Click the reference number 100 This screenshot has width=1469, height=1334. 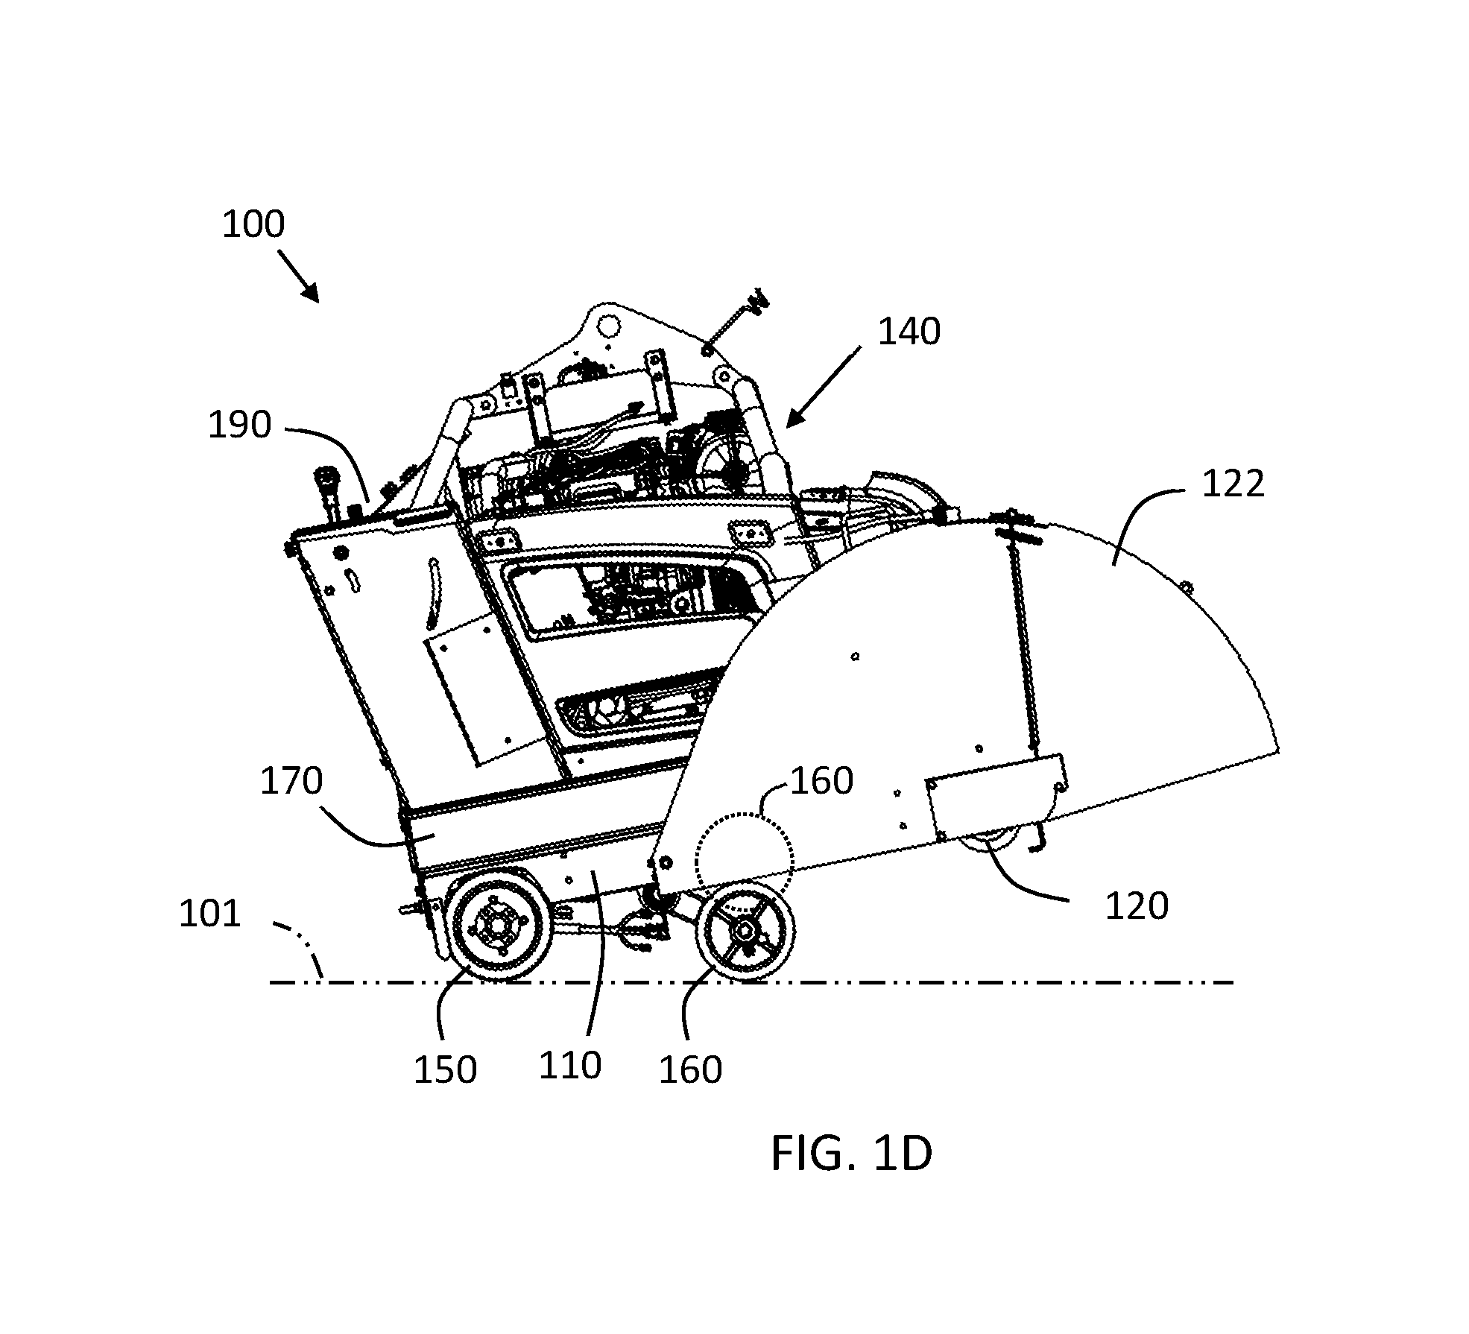pyautogui.click(x=253, y=224)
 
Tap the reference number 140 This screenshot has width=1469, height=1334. pyautogui.click(x=909, y=332)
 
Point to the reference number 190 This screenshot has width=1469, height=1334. pyautogui.click(x=239, y=426)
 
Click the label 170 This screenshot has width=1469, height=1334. pyautogui.click(x=291, y=782)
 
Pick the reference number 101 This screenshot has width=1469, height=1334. pyautogui.click(x=210, y=914)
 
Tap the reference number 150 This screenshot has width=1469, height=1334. pyautogui.click(x=445, y=1069)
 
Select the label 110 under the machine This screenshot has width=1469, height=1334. pyautogui.click(x=570, y=1066)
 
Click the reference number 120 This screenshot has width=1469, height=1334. pyautogui.click(x=1136, y=906)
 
